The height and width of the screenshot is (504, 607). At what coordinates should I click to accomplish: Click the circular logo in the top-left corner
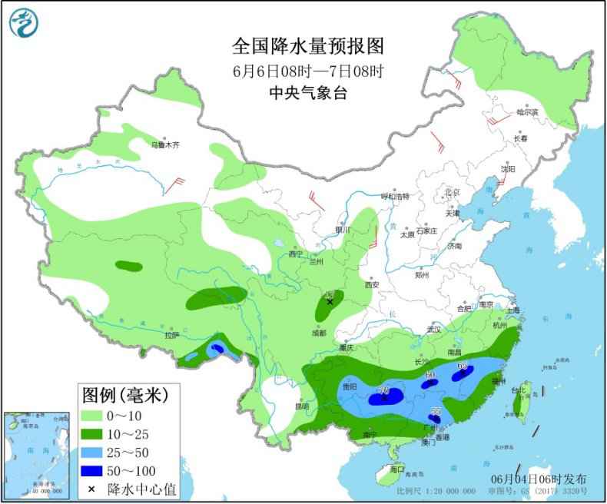(23, 22)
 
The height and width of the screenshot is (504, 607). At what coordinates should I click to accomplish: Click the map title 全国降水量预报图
(307, 47)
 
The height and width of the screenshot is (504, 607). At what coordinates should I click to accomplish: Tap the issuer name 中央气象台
(307, 94)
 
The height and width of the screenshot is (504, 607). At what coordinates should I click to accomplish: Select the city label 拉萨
(171, 334)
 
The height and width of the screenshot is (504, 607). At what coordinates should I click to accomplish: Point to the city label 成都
(319, 333)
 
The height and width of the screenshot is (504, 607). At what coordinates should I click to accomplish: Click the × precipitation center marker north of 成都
(330, 302)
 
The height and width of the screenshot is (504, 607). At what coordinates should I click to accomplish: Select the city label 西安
(373, 283)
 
